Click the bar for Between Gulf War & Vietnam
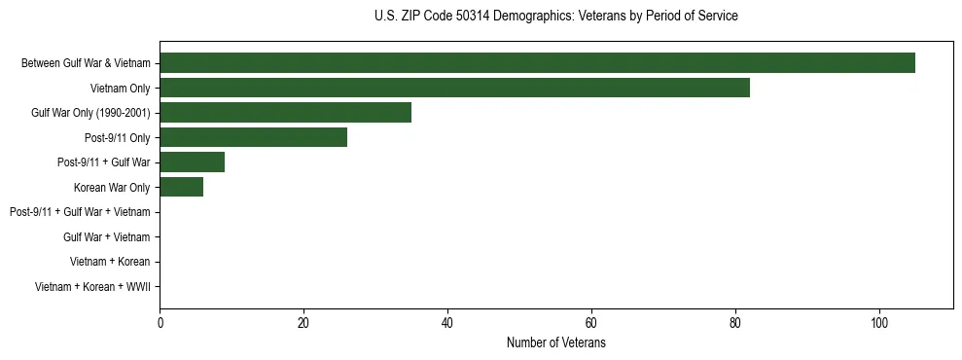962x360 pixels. (537, 63)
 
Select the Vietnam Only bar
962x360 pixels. (454, 88)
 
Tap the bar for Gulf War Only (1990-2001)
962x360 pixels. (285, 112)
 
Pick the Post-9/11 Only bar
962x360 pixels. (253, 137)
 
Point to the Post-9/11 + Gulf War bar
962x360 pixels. (192, 162)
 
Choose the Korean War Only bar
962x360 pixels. (181, 187)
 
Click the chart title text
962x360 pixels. (555, 17)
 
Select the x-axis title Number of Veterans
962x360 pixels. (555, 343)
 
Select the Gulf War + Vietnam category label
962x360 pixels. (106, 236)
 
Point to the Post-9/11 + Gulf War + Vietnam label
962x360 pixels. (80, 212)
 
